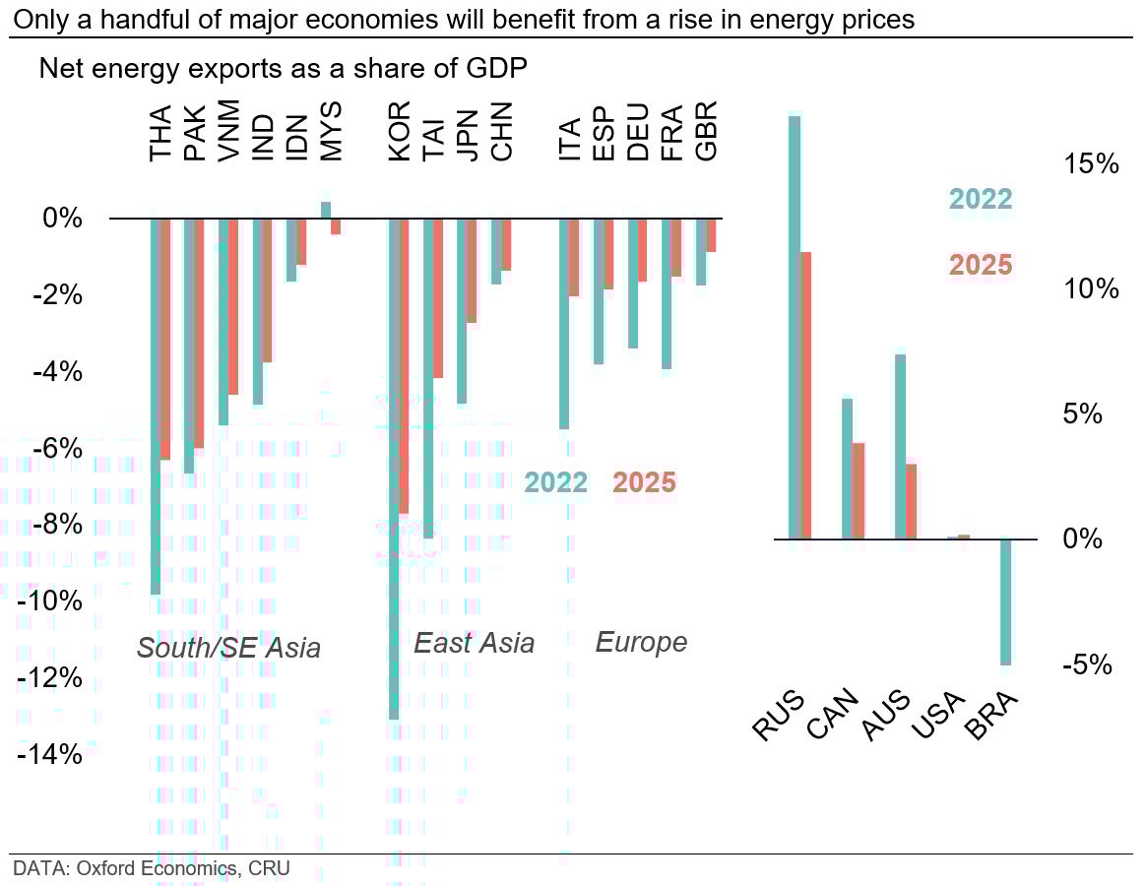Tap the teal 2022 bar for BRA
point(1006,601)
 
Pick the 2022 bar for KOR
point(394,469)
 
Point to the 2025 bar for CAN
point(859,490)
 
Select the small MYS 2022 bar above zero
point(326,210)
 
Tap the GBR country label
point(706,130)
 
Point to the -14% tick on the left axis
point(49,755)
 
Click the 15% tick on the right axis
point(1092,164)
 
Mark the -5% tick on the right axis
point(1088,665)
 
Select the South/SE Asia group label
point(228,648)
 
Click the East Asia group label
point(475,643)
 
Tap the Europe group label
point(641,643)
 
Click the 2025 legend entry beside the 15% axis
point(981,266)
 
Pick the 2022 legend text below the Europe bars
point(555,482)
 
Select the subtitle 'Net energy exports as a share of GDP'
point(283,69)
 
